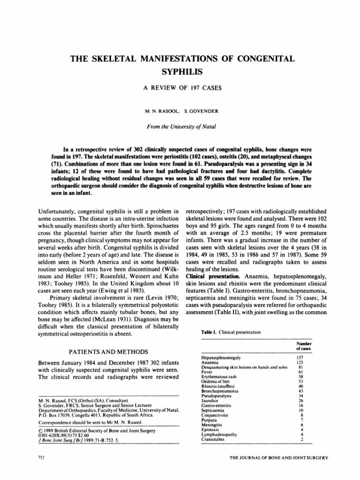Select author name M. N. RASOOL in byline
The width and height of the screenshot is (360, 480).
(163, 113)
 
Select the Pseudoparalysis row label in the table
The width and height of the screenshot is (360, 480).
(216, 395)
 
